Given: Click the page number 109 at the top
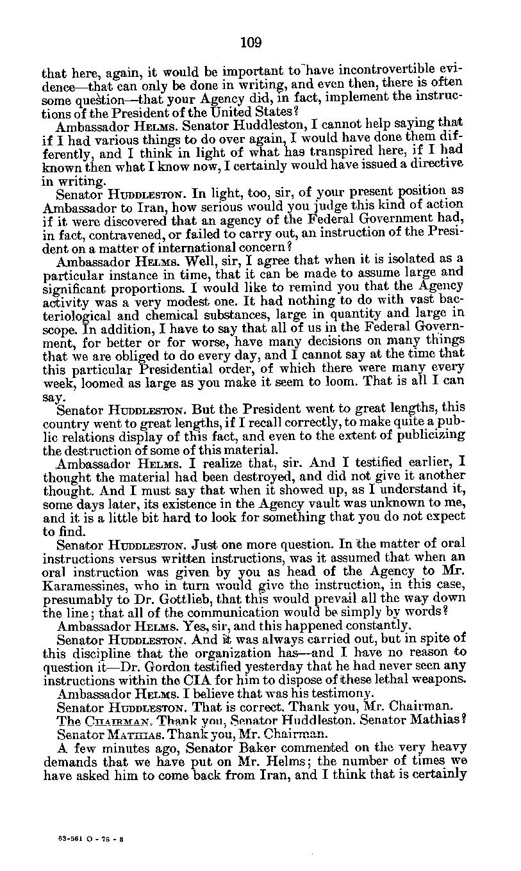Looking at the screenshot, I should (251, 43).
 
